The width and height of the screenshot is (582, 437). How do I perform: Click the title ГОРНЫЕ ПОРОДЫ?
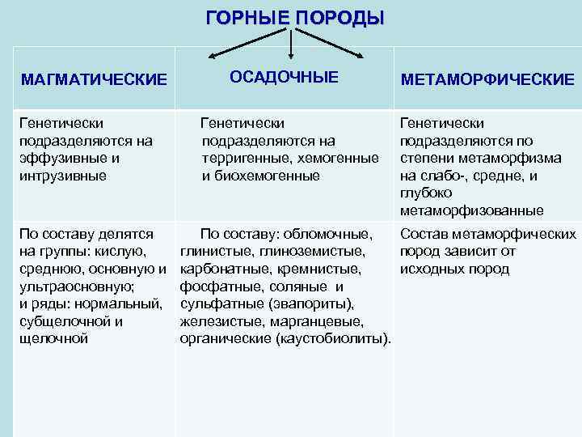(x=294, y=18)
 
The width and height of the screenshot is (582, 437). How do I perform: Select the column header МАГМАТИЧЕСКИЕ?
(x=94, y=79)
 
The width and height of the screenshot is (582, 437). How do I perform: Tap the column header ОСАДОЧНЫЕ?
(x=284, y=77)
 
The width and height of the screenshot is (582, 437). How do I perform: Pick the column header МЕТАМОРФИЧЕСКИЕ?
(x=487, y=79)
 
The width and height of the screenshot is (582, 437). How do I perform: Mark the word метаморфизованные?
(x=471, y=210)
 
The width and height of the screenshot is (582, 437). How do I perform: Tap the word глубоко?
(x=425, y=193)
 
